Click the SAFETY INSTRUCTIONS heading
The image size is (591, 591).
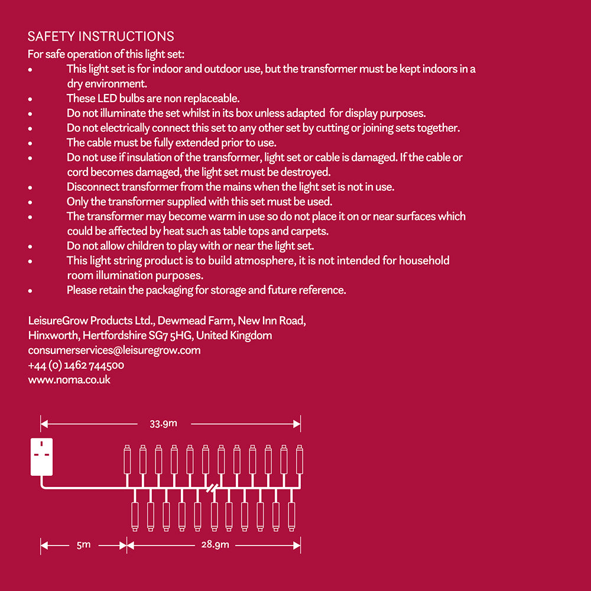(100, 37)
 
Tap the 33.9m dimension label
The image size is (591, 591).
(164, 423)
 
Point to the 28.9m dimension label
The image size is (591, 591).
(215, 545)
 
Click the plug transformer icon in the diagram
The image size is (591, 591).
(41, 457)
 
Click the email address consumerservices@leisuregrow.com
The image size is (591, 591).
(114, 350)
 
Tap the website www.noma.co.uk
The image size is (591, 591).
(69, 380)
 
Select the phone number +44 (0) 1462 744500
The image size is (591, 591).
(76, 365)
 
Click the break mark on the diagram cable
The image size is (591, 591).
(212, 488)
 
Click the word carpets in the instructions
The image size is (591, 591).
(310, 231)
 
